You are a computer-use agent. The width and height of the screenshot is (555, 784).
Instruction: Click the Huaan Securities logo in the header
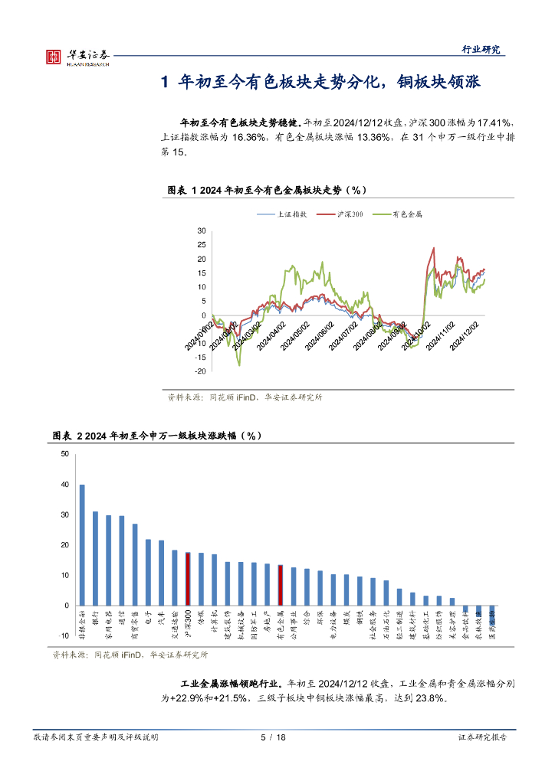(77, 57)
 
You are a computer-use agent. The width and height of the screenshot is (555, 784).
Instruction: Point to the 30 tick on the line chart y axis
(201, 230)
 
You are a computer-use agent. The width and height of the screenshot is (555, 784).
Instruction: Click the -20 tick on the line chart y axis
(200, 371)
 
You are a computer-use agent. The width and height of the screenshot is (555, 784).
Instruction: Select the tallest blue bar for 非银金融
(82, 544)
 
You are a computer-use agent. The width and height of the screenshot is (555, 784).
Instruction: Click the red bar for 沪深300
(188, 578)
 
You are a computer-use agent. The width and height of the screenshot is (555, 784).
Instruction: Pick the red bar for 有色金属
(280, 585)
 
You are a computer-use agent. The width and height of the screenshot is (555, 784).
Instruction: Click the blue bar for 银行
(95, 558)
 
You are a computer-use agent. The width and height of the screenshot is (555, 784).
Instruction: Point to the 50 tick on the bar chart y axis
(65, 454)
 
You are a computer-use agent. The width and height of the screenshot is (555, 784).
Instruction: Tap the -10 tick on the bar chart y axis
(64, 635)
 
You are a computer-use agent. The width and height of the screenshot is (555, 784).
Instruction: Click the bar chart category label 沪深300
(189, 626)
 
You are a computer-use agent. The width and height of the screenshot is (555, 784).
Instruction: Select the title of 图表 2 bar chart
(157, 436)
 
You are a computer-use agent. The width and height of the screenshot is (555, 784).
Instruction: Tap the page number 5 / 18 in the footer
(273, 737)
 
